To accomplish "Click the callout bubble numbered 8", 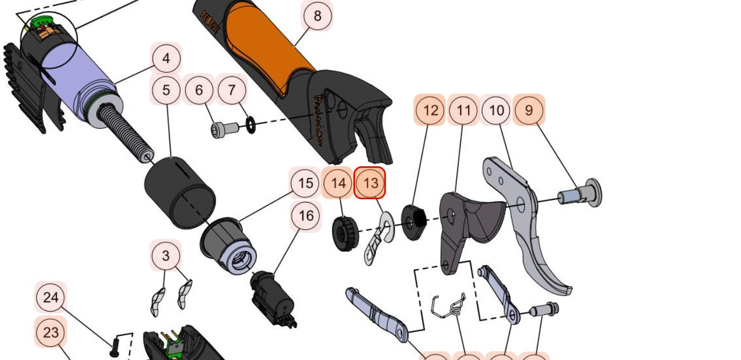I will click(317, 16).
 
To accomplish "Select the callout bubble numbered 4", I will click(166, 58).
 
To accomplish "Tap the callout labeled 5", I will click(166, 90).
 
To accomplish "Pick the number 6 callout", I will click(199, 90).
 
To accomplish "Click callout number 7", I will click(232, 90).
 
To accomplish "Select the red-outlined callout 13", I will click(371, 183).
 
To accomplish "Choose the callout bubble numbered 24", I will click(51, 298).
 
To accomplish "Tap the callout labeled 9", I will click(528, 110).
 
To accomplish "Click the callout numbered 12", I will click(430, 110).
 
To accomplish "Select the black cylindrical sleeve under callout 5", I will click(179, 192).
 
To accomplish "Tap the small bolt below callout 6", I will click(224, 129).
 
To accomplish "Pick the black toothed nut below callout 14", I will click(345, 233).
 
